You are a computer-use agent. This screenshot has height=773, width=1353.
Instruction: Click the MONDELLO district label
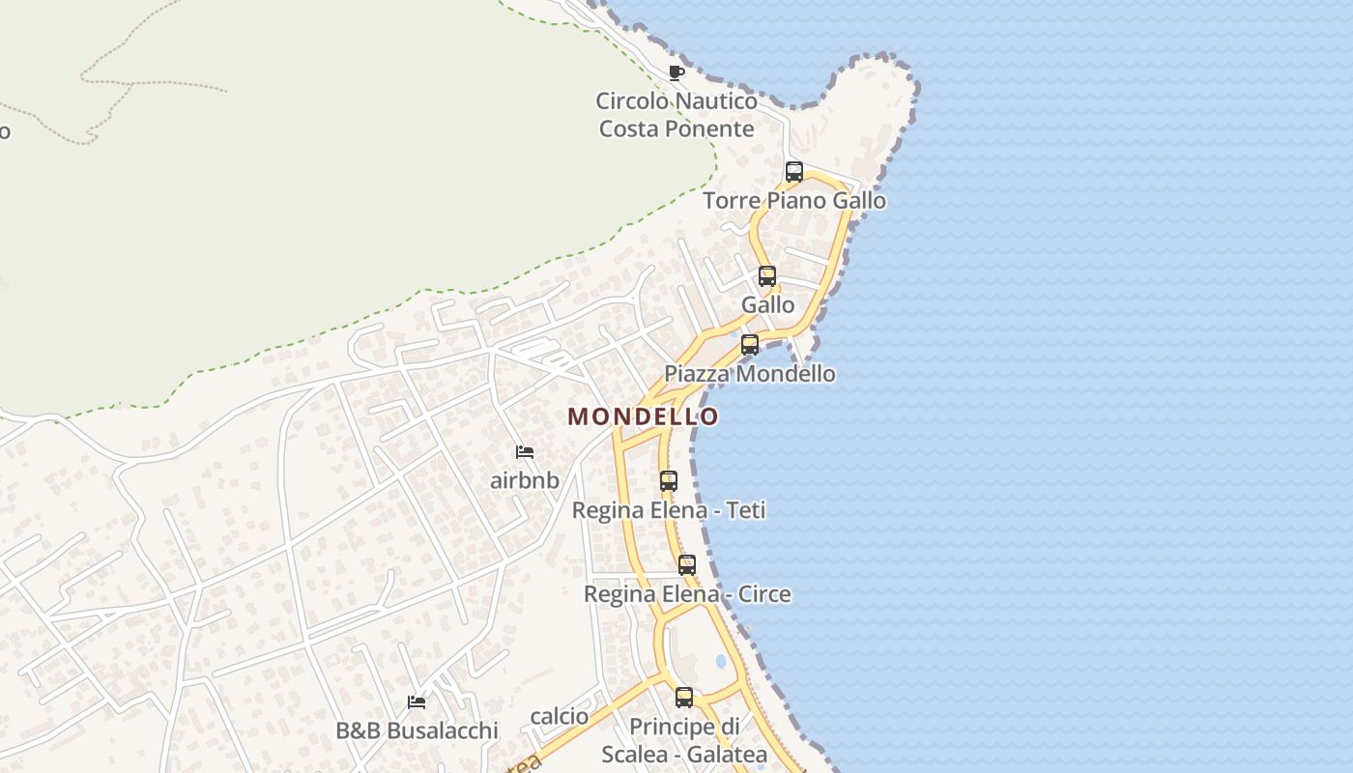pyautogui.click(x=643, y=416)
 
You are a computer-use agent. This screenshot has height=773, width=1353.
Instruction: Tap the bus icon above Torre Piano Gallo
pyautogui.click(x=794, y=172)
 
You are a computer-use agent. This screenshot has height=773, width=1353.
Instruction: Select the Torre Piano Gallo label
pyautogui.click(x=794, y=201)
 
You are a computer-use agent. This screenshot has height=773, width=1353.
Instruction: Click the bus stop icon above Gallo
pyautogui.click(x=767, y=276)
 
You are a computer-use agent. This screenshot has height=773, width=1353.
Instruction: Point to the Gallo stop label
pyautogui.click(x=768, y=305)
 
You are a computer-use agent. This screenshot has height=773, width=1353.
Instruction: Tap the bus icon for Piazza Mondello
pyautogui.click(x=750, y=345)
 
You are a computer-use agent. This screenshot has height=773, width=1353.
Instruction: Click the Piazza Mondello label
pyautogui.click(x=750, y=374)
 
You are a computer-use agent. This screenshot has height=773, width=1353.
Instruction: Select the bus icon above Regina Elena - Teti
pyautogui.click(x=669, y=481)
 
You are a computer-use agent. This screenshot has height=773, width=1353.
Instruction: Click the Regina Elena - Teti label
pyautogui.click(x=669, y=510)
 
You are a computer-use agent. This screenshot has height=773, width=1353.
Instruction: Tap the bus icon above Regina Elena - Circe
pyautogui.click(x=687, y=565)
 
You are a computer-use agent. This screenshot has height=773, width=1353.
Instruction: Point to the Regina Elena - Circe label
pyautogui.click(x=687, y=594)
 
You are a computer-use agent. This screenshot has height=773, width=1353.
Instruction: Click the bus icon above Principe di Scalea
pyautogui.click(x=684, y=697)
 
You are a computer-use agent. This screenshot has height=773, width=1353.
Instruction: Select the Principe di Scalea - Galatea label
pyautogui.click(x=684, y=740)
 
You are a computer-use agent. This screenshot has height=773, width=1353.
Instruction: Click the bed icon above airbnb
pyautogui.click(x=525, y=451)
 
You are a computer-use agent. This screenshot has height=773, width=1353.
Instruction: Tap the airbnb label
pyautogui.click(x=525, y=480)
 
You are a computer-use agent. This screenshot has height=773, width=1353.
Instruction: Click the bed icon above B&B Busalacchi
pyautogui.click(x=417, y=701)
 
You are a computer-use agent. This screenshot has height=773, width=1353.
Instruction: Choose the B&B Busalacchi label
pyautogui.click(x=417, y=730)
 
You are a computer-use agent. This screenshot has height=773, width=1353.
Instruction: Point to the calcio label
pyautogui.click(x=560, y=716)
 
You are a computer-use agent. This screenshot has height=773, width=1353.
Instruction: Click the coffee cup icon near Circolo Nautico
pyautogui.click(x=676, y=72)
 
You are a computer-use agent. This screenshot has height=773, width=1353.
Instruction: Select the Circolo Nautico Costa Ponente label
pyautogui.click(x=676, y=115)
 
